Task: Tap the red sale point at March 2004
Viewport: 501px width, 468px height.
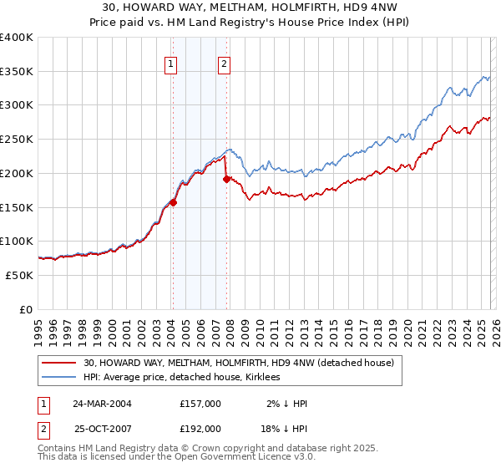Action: click(173, 201)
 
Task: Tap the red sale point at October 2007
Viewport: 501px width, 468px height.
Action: click(226, 178)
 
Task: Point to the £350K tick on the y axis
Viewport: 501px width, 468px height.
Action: click(17, 71)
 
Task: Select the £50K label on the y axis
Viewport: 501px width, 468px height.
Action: click(19, 275)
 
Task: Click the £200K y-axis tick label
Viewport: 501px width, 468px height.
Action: click(17, 173)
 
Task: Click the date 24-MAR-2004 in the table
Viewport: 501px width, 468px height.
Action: click(102, 404)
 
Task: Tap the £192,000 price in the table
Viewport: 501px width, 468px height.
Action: click(200, 428)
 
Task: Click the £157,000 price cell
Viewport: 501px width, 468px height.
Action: click(200, 404)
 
